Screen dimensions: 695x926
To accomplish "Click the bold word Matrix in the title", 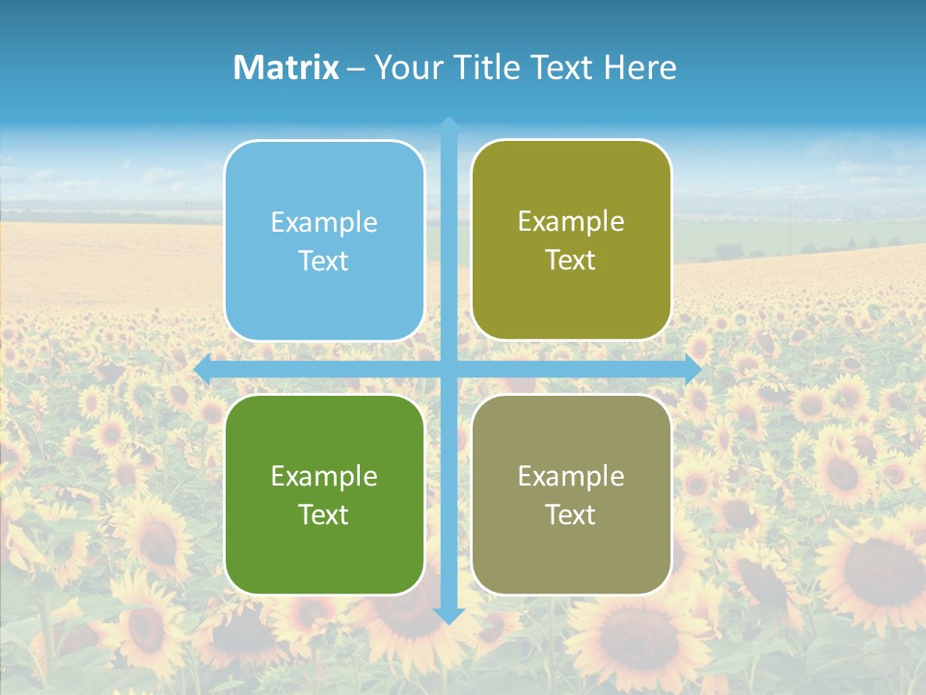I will click(x=286, y=68).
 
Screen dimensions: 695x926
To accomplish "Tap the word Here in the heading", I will click(x=640, y=68).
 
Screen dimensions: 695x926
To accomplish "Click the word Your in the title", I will click(x=404, y=68).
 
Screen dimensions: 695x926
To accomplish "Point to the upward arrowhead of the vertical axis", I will click(x=449, y=125).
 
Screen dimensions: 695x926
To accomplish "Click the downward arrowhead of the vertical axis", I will click(x=449, y=615).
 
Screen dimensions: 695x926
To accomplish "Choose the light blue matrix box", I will click(x=324, y=290).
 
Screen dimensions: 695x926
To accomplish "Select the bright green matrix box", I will click(x=324, y=550).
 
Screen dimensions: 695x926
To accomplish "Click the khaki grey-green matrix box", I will click(x=571, y=550).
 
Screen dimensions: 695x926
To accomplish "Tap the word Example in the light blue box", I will click(x=324, y=222).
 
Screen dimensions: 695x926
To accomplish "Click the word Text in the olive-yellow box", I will click(x=571, y=261).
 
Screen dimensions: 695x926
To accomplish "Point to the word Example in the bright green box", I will click(x=324, y=476).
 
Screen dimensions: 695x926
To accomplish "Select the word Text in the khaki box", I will click(x=571, y=514).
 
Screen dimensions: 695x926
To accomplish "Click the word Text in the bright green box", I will click(x=324, y=514).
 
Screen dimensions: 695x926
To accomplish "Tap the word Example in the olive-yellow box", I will click(x=571, y=221).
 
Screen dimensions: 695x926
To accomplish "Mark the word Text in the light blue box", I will click(x=324, y=261).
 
